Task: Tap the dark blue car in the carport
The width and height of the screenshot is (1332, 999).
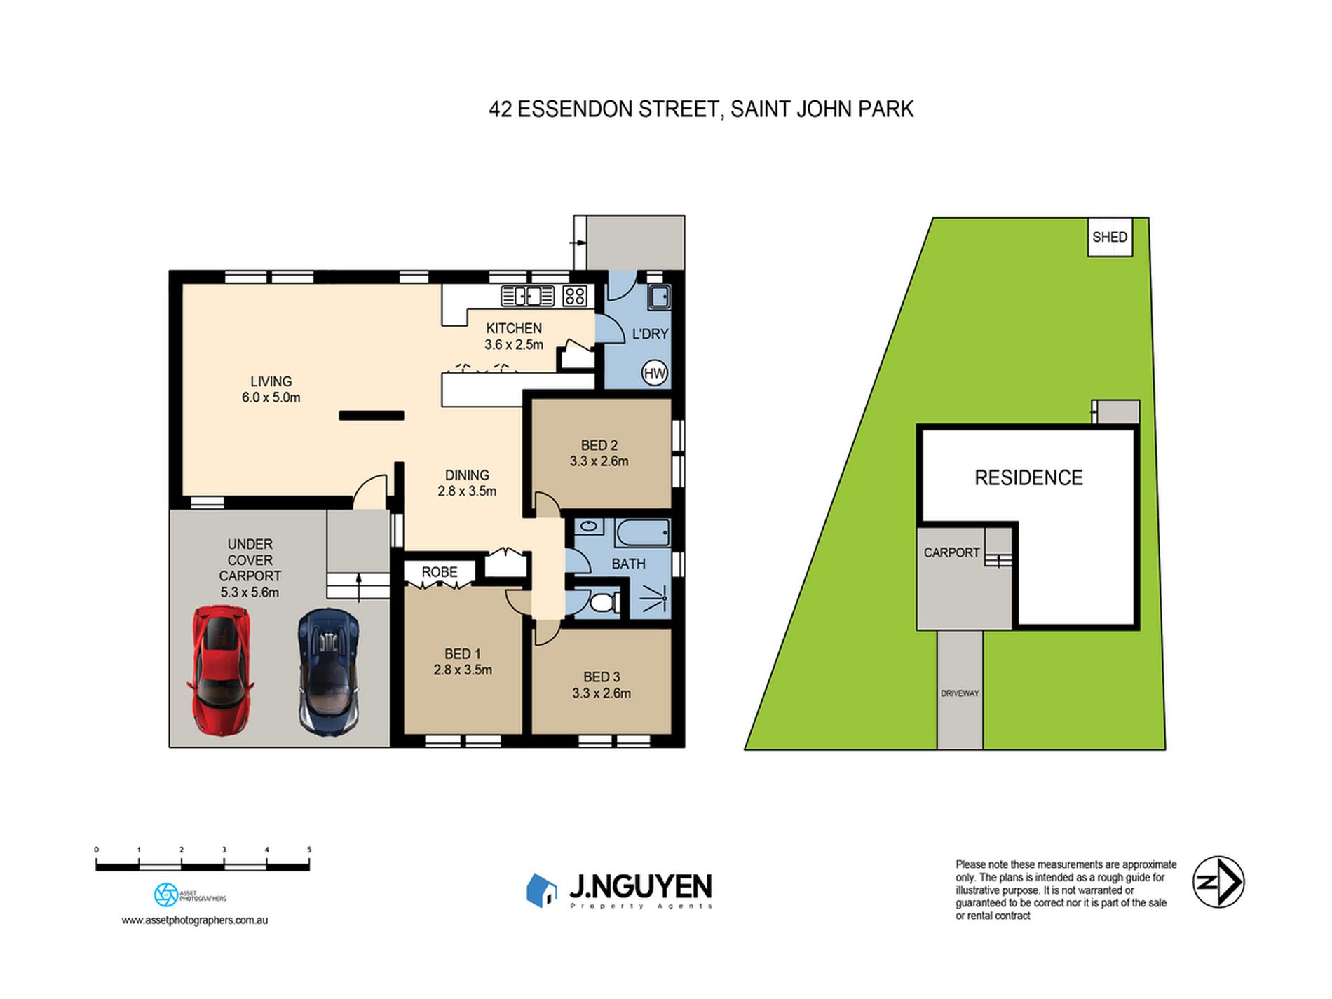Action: coord(329,671)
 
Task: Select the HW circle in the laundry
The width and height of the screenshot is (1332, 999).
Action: coord(654,373)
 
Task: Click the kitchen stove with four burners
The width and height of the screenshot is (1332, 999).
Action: coord(574,297)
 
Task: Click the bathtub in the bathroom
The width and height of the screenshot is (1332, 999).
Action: coord(642,533)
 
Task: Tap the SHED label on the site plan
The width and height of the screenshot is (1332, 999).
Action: coord(1110,237)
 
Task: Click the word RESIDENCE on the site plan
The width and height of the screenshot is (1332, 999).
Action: coord(1028,477)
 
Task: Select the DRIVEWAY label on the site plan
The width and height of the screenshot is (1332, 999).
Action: coord(960,693)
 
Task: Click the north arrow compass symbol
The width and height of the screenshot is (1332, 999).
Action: coord(1218,882)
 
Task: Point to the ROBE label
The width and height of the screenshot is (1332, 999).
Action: coord(440,572)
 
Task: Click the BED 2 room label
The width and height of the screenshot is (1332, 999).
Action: coord(599,445)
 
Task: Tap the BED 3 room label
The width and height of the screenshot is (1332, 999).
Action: coord(602,677)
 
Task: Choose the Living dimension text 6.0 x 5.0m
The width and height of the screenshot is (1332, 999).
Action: coord(271,397)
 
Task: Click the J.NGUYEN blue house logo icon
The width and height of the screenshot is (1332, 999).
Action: coord(541,890)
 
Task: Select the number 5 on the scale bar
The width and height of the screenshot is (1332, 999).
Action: coord(309,850)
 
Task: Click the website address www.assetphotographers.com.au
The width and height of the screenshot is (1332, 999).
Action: coord(195,920)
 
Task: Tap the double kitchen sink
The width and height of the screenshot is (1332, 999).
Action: coord(527,297)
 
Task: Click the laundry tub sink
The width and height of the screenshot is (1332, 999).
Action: coord(659,297)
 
